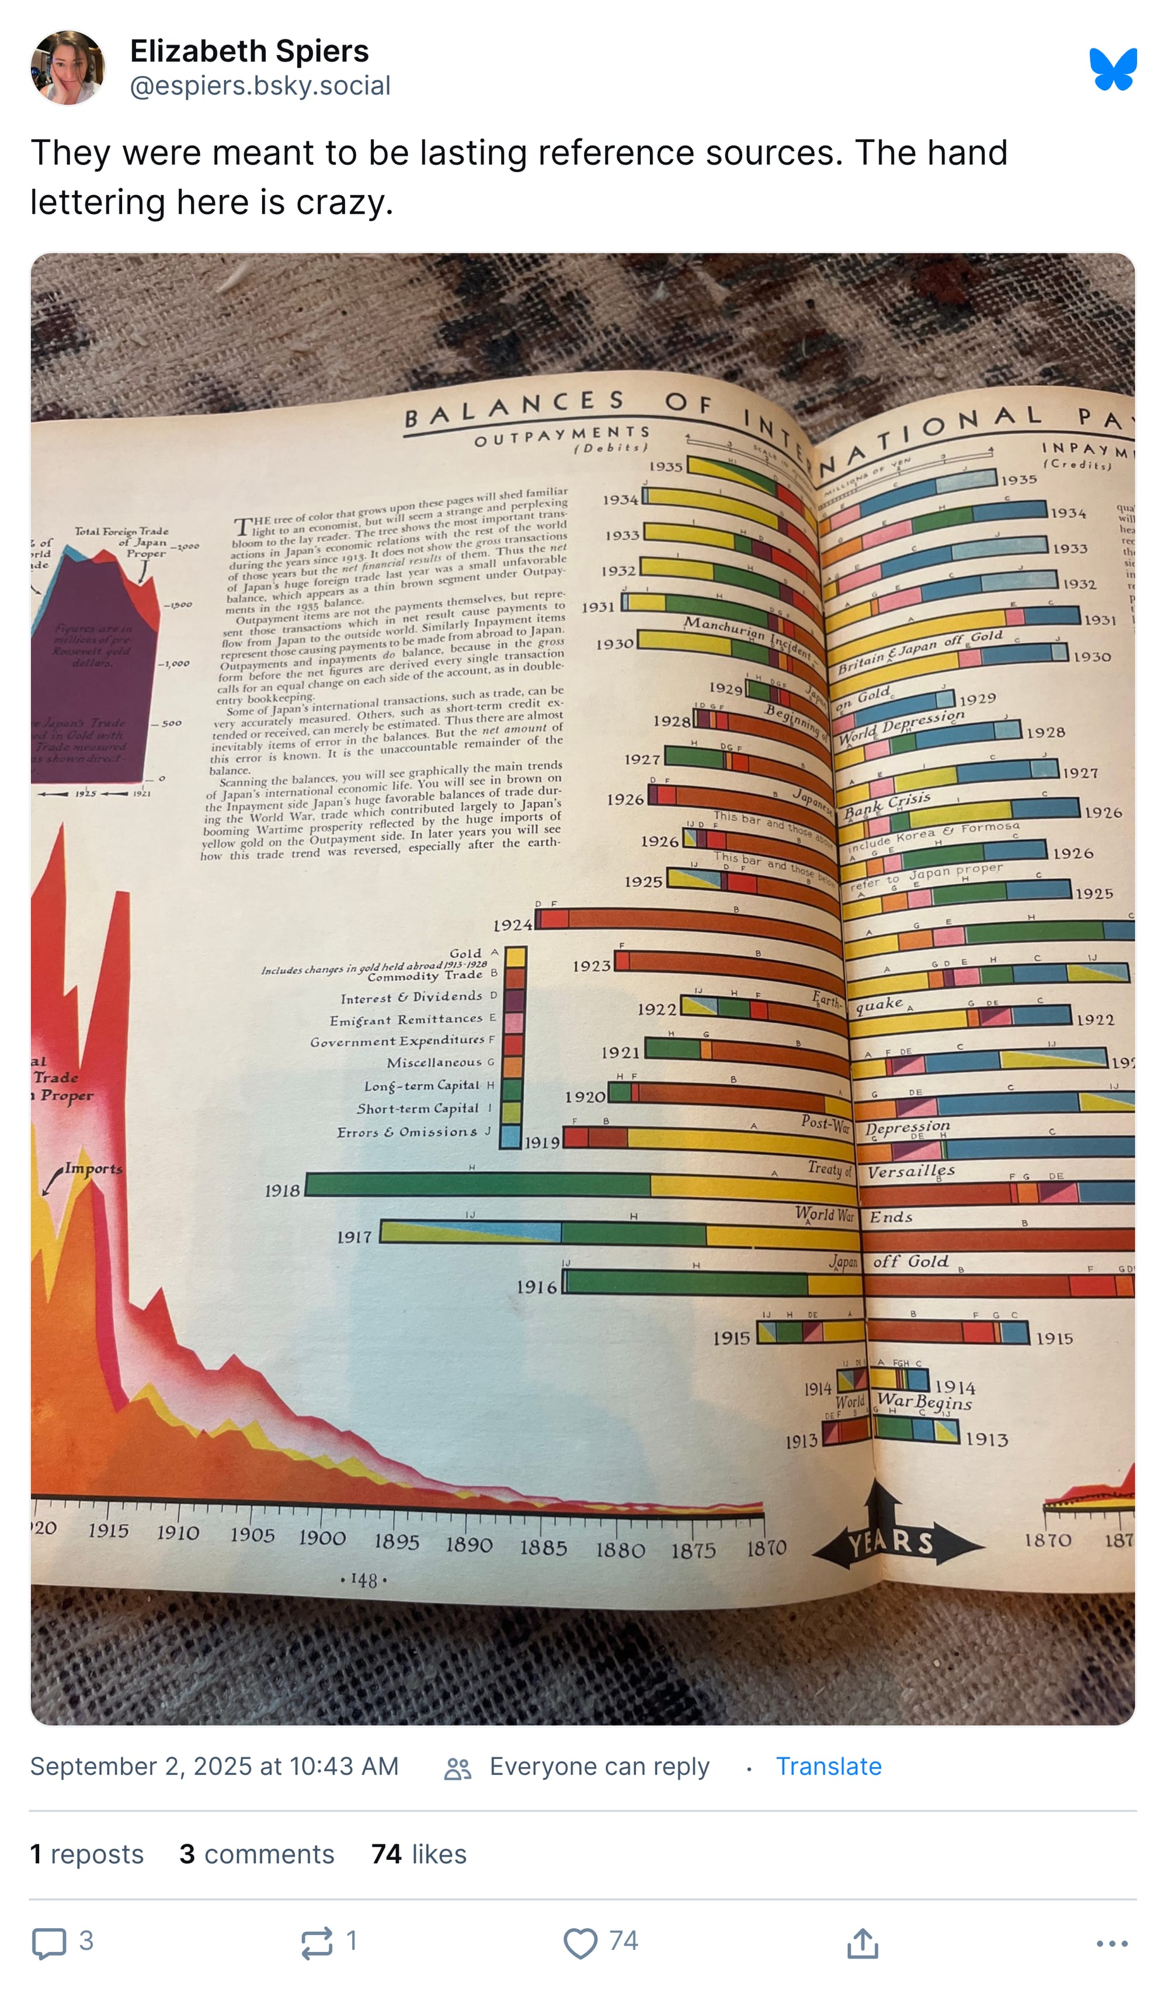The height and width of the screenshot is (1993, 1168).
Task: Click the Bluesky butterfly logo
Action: coord(1113,69)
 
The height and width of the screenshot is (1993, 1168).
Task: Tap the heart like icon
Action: coord(580,1942)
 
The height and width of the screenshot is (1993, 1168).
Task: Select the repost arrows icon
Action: coord(317,1942)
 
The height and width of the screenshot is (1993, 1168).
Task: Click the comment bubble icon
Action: coord(48,1942)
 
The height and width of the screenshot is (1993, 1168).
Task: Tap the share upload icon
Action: coord(863,1942)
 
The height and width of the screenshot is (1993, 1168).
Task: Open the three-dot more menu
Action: coord(1112,1942)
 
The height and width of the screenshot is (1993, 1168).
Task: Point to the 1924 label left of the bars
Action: coord(512,925)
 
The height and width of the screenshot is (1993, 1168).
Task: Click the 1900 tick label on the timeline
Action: coord(321,1538)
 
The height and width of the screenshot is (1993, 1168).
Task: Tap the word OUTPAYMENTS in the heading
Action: coord(562,434)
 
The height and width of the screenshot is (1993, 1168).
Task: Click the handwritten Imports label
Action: coord(93,1168)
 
